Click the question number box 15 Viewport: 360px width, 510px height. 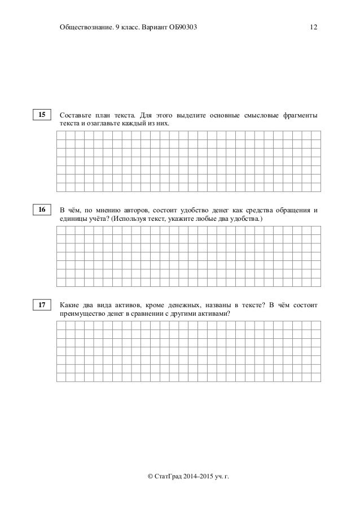click(41, 115)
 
